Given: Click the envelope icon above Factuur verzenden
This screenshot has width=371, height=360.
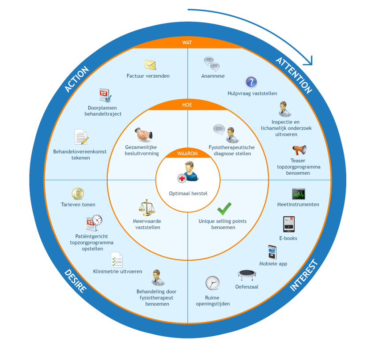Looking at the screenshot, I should pos(150,65).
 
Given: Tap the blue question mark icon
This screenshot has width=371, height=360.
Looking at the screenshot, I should pos(251,82).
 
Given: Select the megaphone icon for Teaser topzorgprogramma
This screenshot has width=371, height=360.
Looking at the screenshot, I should pos(299,150).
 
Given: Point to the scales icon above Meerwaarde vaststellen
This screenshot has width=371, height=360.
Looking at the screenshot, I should pos(147,207).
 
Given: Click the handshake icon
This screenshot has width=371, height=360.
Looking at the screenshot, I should pos(143,134).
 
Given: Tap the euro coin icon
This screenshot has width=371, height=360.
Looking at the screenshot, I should pos(78,194).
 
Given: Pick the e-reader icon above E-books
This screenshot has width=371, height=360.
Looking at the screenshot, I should pos(289,224).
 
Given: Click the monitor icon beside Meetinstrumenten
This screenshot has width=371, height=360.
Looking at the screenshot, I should pos(298,194).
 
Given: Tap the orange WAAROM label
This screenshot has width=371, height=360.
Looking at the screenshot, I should pos(187,154).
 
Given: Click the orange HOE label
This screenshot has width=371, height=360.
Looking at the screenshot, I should pos(187,105).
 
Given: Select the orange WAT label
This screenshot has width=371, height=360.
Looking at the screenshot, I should pos(187,43).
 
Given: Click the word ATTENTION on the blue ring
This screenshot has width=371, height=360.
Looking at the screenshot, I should pos(294,75).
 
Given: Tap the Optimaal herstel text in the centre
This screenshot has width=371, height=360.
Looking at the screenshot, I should pos(188,193).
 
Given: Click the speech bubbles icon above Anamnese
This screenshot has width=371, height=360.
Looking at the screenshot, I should pos(212,64).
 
